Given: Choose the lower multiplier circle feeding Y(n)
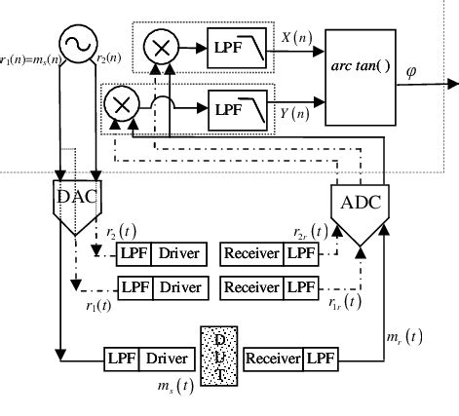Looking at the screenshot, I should [122, 102].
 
